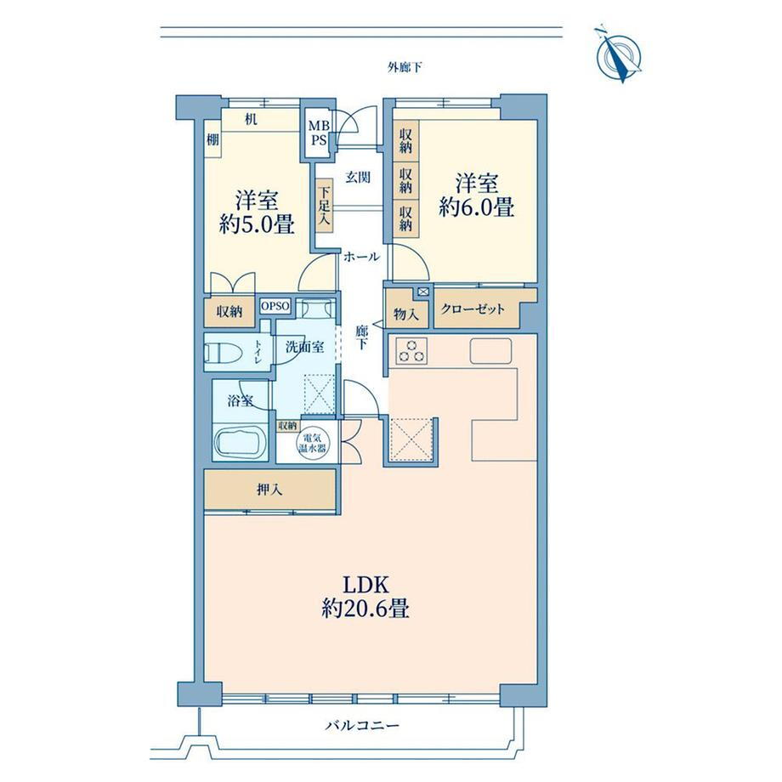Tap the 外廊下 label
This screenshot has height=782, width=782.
coord(405,67)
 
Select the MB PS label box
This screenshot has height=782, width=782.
coord(318,133)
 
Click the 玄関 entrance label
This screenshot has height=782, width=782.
coord(358,177)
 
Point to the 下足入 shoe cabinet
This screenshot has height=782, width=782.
coord(324,205)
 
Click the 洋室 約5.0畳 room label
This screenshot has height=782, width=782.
coord(257,212)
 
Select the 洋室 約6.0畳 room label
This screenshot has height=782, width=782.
coord(476,195)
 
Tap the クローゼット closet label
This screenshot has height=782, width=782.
coord(473,309)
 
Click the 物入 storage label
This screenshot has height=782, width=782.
coord(406,314)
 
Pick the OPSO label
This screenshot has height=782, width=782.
coord(275,306)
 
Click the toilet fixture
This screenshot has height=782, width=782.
coord(224,353)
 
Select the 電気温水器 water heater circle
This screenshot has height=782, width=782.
coord(312,442)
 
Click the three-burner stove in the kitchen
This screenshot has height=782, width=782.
coord(411,350)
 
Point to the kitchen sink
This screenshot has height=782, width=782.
coord(490,351)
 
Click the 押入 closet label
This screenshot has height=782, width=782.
coord(269,490)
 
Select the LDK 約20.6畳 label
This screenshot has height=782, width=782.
coord(365,597)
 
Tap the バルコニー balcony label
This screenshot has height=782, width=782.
coord(363,725)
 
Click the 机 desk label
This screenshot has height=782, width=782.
coord(251,120)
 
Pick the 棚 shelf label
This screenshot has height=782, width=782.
coord(213,139)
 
